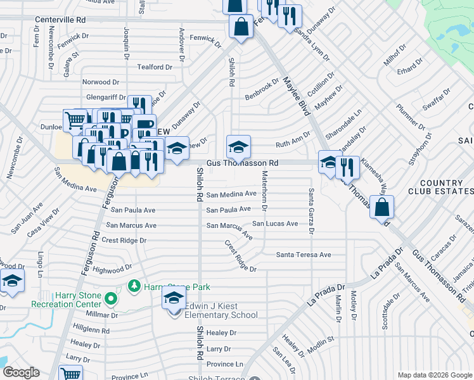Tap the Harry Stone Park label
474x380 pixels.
(x=177, y=287)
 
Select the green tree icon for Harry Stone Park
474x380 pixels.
(x=134, y=287)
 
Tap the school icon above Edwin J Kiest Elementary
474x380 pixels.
(x=174, y=298)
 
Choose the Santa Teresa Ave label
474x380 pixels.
(x=303, y=255)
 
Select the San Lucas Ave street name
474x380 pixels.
(x=275, y=224)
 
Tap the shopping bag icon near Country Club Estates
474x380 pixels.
(x=382, y=207)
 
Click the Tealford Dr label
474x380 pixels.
(x=150, y=67)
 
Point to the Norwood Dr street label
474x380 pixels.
(x=100, y=82)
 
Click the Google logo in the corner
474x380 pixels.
(x=21, y=372)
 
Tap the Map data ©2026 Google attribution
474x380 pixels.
(x=435, y=375)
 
